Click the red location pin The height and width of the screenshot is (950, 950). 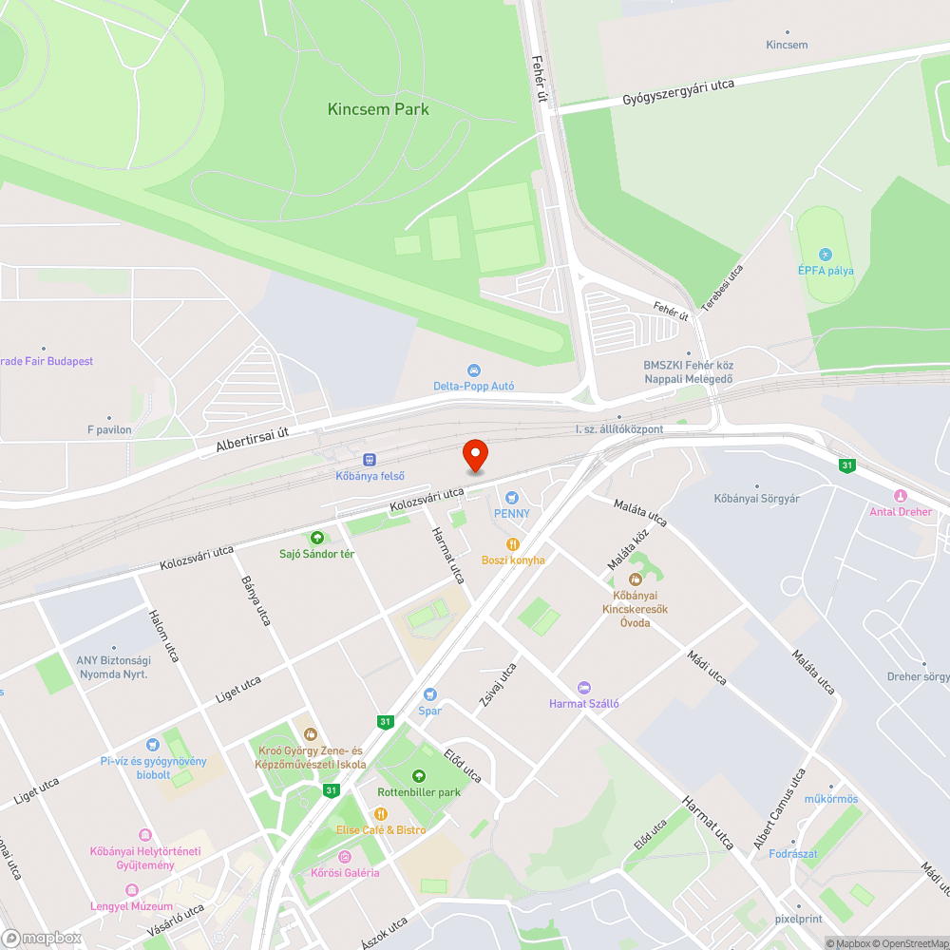[474, 456]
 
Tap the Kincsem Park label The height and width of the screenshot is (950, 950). [378, 109]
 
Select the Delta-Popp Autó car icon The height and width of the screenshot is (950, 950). [473, 370]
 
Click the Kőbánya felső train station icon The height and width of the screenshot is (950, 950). [370, 459]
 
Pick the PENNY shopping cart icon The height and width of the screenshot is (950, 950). [512, 497]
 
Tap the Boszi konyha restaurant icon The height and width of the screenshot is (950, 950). [513, 544]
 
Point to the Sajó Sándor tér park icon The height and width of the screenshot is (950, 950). [316, 538]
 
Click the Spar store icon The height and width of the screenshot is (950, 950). [429, 694]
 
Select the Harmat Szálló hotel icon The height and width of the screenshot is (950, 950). [583, 688]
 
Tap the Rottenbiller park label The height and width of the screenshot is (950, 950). [419, 792]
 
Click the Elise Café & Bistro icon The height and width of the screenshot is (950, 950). [380, 814]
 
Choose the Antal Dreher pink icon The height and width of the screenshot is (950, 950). [901, 496]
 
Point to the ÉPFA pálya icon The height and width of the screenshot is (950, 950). [825, 255]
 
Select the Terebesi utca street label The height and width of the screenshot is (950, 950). [722, 286]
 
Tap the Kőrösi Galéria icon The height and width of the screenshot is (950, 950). [331, 857]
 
